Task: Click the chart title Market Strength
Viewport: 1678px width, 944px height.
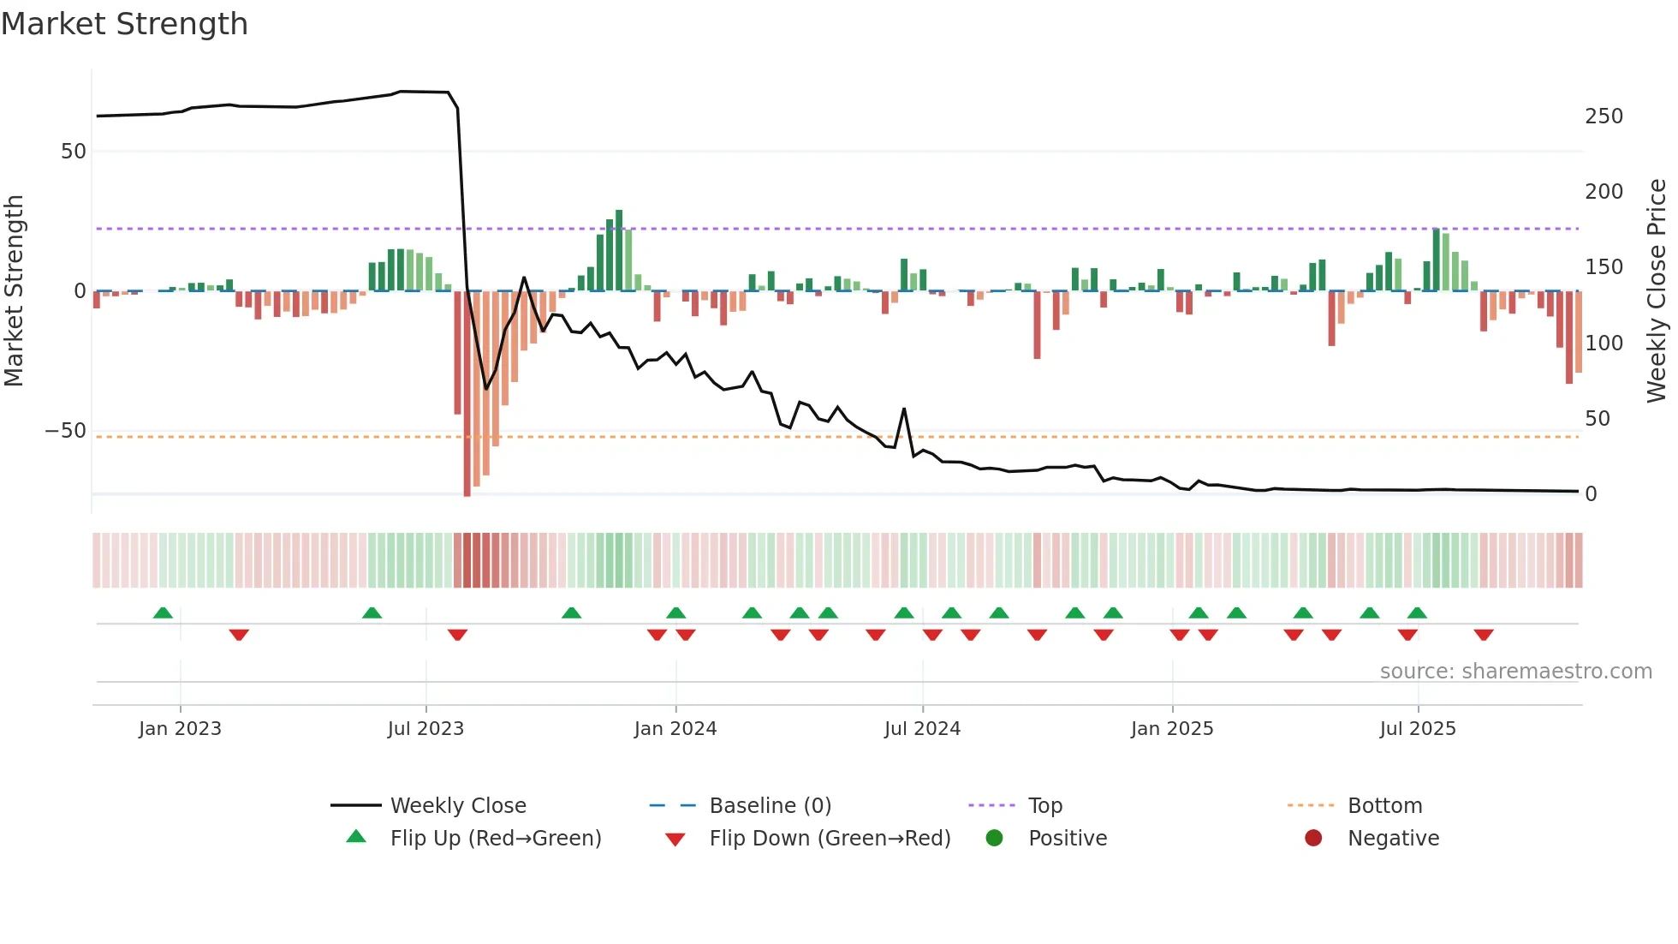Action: (x=124, y=24)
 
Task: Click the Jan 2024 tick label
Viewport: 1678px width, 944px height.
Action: (x=675, y=729)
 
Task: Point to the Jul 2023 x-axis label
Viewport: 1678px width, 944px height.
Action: (x=425, y=729)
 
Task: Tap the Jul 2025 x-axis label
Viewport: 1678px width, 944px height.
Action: (x=1417, y=729)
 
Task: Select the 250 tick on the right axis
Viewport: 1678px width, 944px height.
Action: (x=1603, y=117)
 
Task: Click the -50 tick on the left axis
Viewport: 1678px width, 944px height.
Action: (x=66, y=431)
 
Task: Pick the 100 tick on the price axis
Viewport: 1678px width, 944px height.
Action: (x=1603, y=344)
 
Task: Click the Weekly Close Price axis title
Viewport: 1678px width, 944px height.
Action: (x=1657, y=291)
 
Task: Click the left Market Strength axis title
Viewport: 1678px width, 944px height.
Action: (x=15, y=291)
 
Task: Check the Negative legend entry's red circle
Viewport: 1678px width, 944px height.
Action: (x=1313, y=839)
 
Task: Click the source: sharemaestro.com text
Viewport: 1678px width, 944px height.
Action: (x=1515, y=672)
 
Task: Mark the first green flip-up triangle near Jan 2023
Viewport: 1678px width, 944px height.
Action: (x=163, y=612)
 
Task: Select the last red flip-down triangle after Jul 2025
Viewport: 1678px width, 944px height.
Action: (x=1484, y=635)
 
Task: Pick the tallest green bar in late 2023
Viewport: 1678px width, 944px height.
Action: (x=619, y=250)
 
